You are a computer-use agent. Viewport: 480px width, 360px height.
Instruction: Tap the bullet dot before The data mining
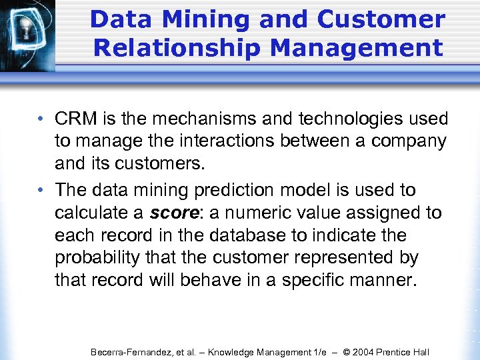click(x=41, y=191)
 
